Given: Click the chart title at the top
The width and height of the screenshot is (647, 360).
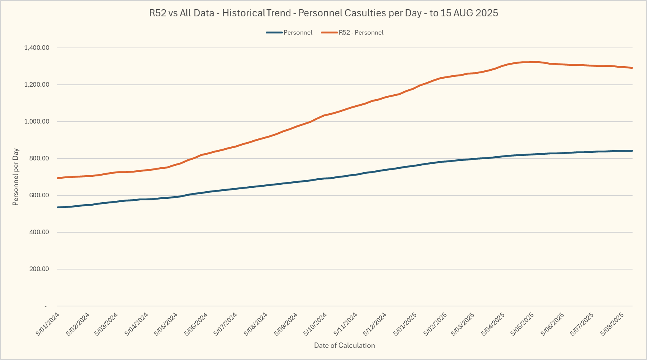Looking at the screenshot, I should (323, 13).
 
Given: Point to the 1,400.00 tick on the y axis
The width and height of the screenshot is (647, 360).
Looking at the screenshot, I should (36, 48).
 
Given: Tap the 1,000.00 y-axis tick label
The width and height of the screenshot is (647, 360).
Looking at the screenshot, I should (36, 122).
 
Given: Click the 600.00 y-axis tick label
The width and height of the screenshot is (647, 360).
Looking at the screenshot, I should (39, 195).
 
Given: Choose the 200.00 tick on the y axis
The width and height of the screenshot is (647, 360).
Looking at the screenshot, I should (39, 269).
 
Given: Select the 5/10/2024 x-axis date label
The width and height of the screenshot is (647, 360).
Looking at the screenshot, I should (316, 324).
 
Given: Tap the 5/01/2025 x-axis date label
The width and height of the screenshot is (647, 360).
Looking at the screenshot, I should (405, 324).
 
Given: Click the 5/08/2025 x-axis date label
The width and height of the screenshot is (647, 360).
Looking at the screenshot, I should (612, 324).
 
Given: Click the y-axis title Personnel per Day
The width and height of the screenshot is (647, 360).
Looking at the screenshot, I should (16, 177).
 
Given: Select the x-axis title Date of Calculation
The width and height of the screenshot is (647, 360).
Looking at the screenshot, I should (344, 346).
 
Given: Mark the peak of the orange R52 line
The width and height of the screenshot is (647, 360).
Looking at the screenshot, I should (535, 62).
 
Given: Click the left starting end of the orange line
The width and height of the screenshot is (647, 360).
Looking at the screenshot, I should (57, 178).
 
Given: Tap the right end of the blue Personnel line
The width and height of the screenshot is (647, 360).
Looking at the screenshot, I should (632, 151).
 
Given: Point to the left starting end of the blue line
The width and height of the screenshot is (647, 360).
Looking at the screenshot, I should (57, 207).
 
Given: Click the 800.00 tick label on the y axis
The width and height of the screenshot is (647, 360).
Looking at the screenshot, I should (39, 159).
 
